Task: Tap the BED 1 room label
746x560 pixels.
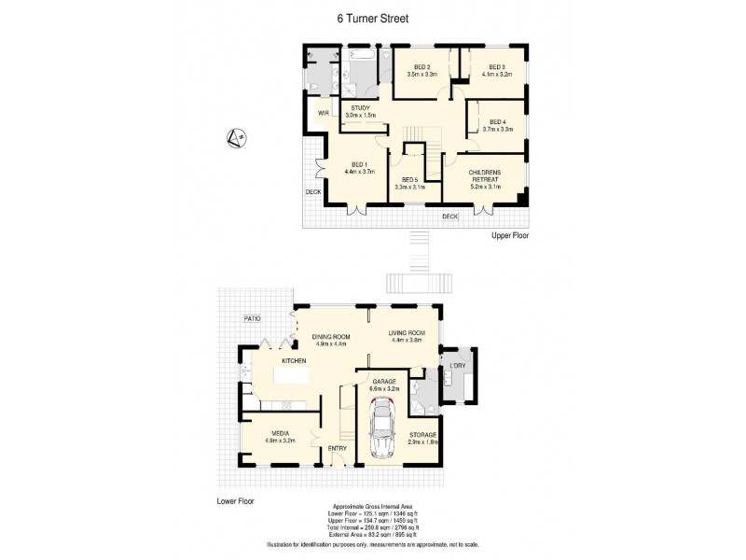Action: [359, 165]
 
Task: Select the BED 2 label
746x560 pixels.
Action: [422, 67]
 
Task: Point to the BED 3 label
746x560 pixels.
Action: [495, 67]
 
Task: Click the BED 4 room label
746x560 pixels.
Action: [496, 123]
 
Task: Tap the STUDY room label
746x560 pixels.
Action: [361, 108]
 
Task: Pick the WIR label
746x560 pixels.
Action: [324, 113]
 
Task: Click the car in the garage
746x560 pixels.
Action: [382, 428]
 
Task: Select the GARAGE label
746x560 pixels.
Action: [385, 382]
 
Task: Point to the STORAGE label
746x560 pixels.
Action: [422, 433]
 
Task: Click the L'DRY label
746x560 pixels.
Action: [457, 365]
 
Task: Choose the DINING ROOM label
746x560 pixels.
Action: [329, 337]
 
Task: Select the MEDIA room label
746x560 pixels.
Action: [280, 433]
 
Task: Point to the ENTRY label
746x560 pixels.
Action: [337, 449]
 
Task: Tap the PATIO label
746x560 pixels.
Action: [253, 318]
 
